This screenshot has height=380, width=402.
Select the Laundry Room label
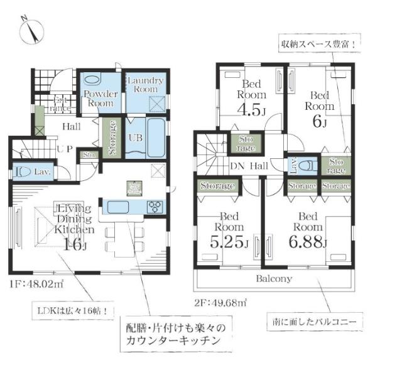click(x=145, y=85)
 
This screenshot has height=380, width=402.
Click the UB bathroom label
click(x=135, y=138)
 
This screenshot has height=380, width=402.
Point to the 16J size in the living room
click(x=75, y=244)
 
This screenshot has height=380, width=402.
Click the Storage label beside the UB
click(x=112, y=137)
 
